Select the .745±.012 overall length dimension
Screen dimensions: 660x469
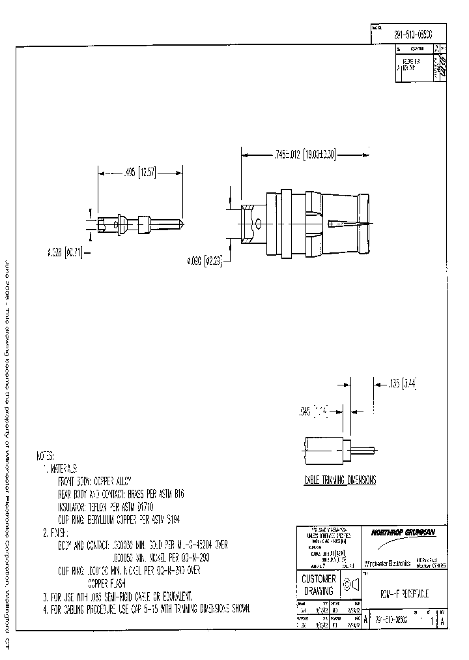[x=306, y=155]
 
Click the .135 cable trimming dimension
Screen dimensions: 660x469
[x=401, y=384]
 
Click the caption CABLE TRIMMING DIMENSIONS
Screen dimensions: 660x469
[x=340, y=479]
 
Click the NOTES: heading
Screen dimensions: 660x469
[x=46, y=456]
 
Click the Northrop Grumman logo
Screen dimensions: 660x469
[x=403, y=532]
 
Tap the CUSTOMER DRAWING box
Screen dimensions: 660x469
[x=318, y=584]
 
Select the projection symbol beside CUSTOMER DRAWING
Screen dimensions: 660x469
[x=352, y=584]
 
